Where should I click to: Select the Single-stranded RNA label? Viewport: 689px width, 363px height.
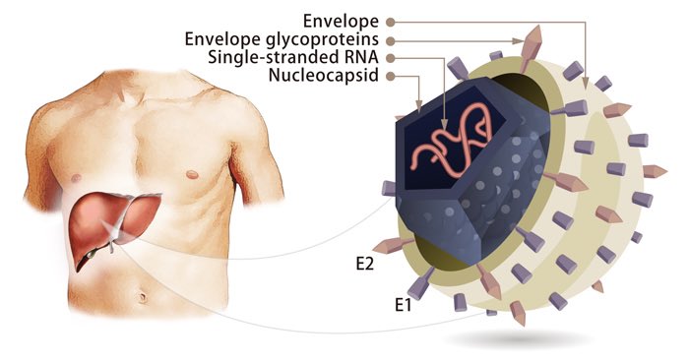coord(296,57)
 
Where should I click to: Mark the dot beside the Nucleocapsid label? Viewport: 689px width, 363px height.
coord(391,76)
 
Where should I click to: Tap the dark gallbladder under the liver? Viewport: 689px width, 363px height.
coord(92,255)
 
